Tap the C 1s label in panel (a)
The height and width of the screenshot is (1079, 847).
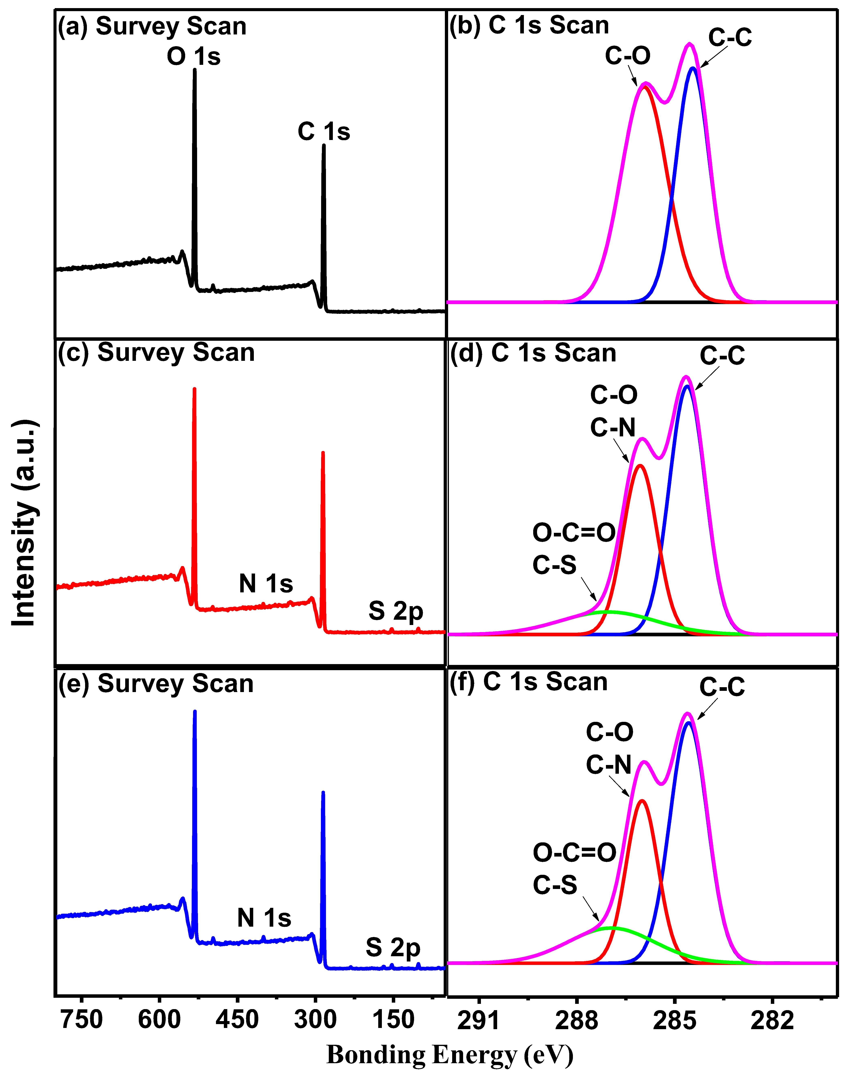click(324, 132)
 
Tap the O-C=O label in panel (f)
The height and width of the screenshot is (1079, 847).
click(574, 853)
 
